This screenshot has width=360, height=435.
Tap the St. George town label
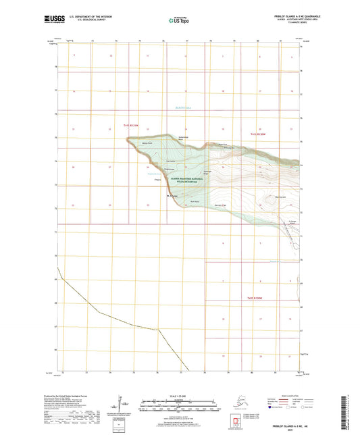pyautogui.click(x=172, y=197)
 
